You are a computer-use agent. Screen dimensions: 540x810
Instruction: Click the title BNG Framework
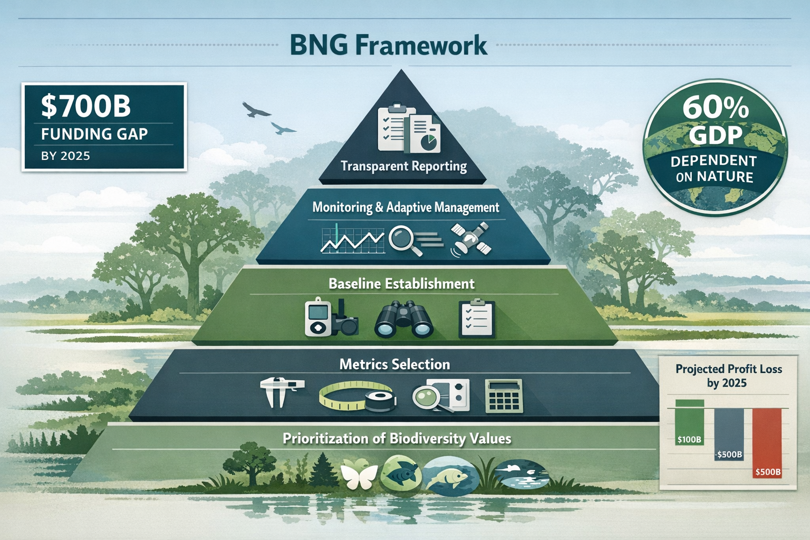(x=389, y=45)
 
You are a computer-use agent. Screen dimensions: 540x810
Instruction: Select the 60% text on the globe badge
(x=716, y=108)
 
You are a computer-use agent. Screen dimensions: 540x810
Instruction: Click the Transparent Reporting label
(x=403, y=167)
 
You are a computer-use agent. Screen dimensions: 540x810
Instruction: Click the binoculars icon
(x=403, y=320)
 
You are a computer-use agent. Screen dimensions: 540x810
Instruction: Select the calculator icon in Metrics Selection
(x=504, y=396)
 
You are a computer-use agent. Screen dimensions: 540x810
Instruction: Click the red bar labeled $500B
(x=767, y=443)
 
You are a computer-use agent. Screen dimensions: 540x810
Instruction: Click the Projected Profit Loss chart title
(x=728, y=375)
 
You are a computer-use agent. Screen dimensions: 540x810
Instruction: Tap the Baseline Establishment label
(x=401, y=284)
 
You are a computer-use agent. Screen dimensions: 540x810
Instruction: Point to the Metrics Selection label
(x=394, y=364)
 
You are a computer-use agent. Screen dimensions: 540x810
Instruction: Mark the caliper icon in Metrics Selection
(x=281, y=390)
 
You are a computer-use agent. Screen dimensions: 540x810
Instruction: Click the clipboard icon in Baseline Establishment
(x=476, y=319)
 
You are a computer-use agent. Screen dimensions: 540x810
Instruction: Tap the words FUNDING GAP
(x=94, y=134)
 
